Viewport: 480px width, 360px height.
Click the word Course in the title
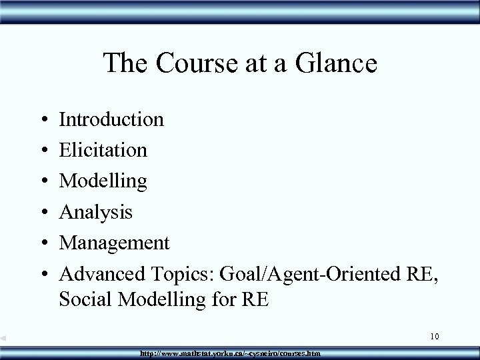tap(189, 64)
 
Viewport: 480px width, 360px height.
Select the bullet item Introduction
tap(111, 119)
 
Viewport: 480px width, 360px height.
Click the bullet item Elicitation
tap(103, 150)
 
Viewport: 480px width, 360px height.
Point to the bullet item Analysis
tap(96, 212)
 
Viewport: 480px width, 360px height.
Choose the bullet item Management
tap(115, 242)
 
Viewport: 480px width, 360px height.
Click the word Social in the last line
tap(84, 299)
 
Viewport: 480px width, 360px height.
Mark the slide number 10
tap(434, 337)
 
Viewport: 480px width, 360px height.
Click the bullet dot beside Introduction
tap(41, 121)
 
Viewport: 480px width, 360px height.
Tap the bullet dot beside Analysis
tap(41, 213)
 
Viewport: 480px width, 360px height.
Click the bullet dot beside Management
tap(41, 243)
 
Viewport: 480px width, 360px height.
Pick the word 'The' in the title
tap(125, 64)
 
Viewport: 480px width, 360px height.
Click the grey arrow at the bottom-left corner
tap(4, 339)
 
